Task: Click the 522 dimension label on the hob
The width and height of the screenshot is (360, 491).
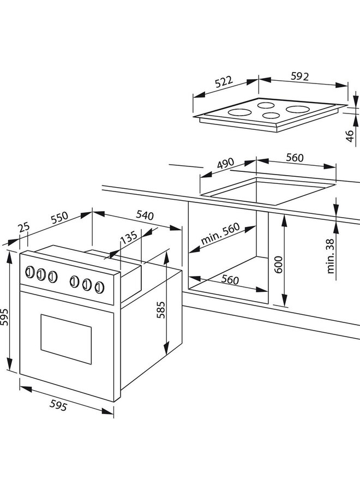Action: (x=224, y=83)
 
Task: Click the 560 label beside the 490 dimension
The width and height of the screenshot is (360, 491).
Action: (x=294, y=158)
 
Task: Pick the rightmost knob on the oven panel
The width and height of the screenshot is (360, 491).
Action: (x=99, y=286)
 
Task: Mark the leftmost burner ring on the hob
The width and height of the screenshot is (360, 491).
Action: (x=238, y=113)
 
